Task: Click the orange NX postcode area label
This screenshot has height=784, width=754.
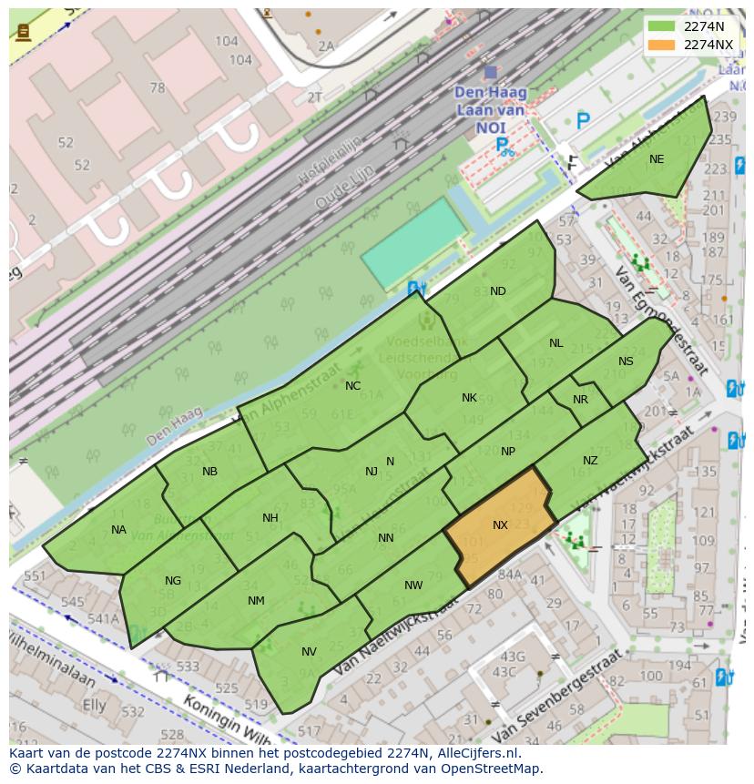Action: (x=500, y=525)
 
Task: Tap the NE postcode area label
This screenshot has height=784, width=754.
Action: (x=657, y=159)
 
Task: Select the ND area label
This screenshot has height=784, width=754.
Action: (x=498, y=291)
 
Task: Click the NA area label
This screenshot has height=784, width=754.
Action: (x=118, y=530)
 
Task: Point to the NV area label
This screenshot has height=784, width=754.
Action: (x=309, y=652)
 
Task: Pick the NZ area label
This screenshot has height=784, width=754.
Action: (x=590, y=461)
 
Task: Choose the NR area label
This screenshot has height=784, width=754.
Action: (x=580, y=400)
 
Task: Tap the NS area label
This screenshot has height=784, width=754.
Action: (x=626, y=361)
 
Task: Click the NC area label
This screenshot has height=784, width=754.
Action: (x=352, y=386)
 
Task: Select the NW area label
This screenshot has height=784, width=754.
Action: (x=413, y=585)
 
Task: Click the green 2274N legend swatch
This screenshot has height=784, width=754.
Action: (x=661, y=26)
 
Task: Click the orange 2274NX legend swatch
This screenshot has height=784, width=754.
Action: (x=661, y=45)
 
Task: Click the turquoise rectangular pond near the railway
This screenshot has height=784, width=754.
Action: (x=413, y=242)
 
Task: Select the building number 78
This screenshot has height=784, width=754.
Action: (x=157, y=88)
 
